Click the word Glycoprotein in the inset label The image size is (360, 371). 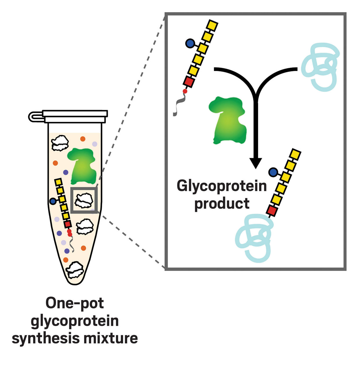coord(222,186)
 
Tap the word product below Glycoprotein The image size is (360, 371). coord(222,203)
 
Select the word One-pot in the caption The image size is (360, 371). coord(75,303)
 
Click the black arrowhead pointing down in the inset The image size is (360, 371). coord(255,163)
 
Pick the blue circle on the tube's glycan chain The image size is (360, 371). coord(53,201)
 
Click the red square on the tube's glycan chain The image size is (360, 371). coord(68,224)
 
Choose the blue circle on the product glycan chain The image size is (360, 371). coord(273,172)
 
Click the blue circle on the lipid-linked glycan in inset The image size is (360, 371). coord(190,43)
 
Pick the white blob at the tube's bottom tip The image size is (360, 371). coord(75,270)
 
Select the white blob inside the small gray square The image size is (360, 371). coord(84,200)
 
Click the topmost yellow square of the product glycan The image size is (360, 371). coord(295,154)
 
